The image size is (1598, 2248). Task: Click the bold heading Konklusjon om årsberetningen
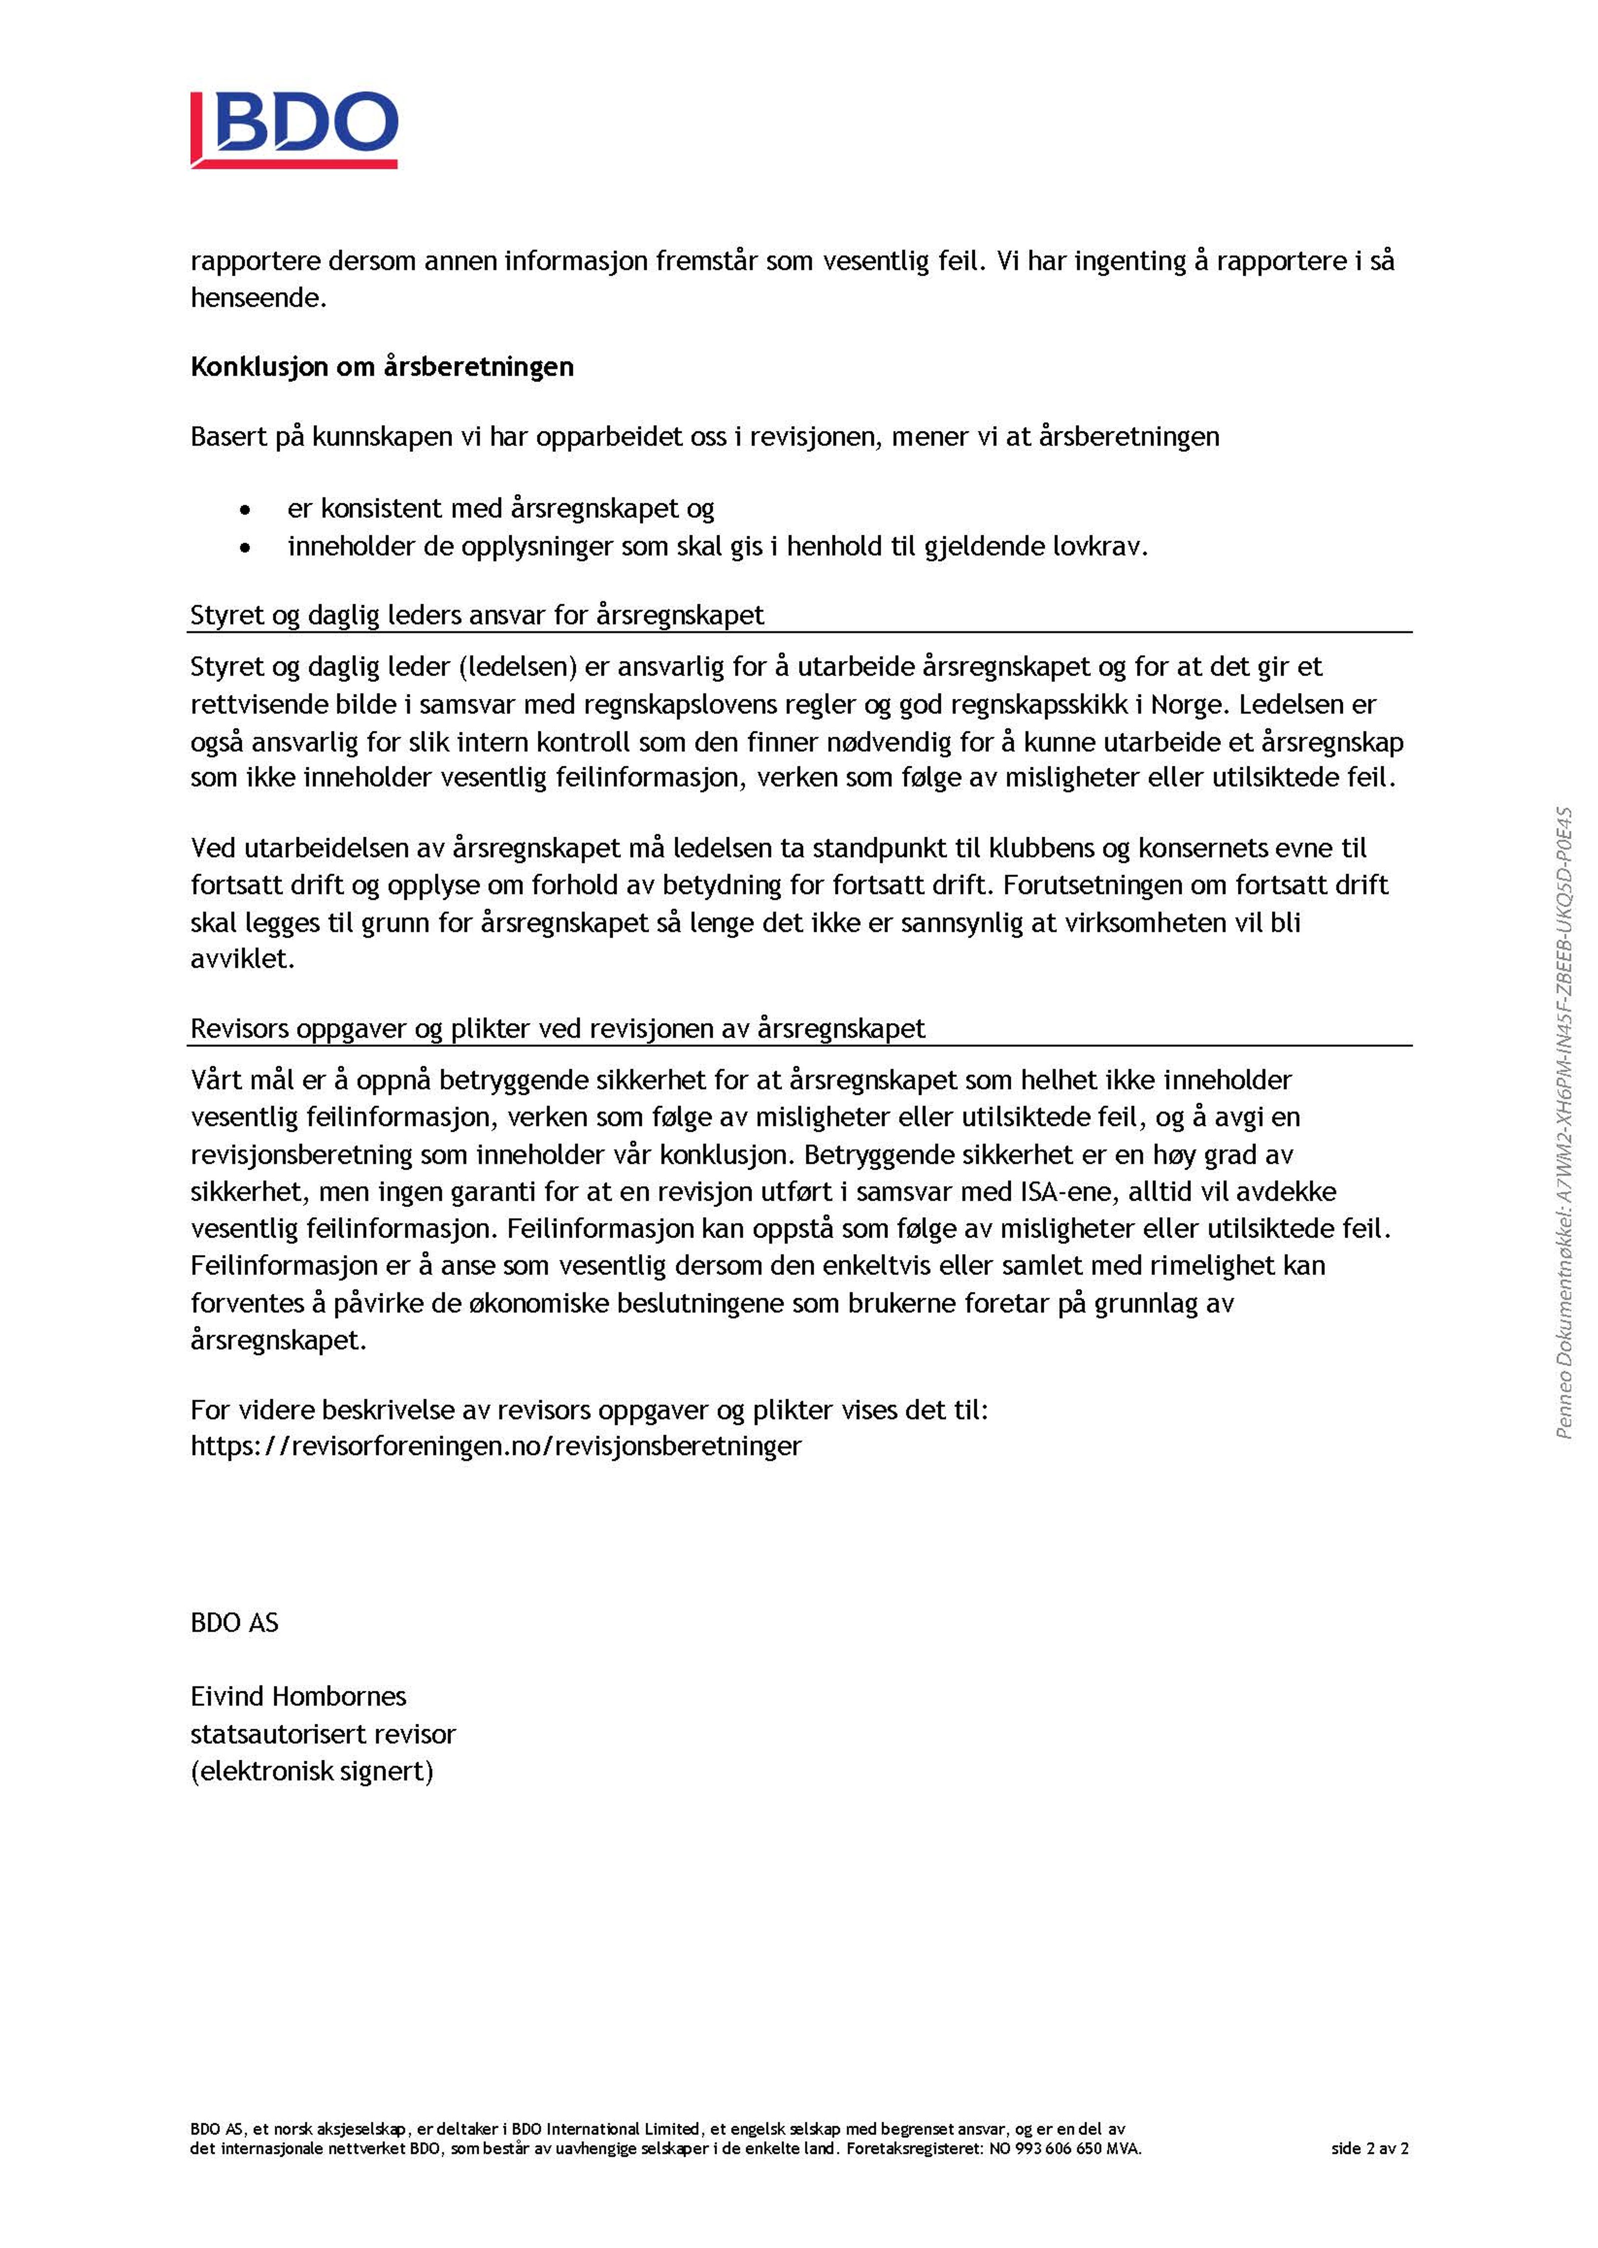tap(382, 367)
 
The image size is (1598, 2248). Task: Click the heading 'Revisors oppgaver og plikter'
tap(557, 1028)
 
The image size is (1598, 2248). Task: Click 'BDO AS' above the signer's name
tap(234, 1622)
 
